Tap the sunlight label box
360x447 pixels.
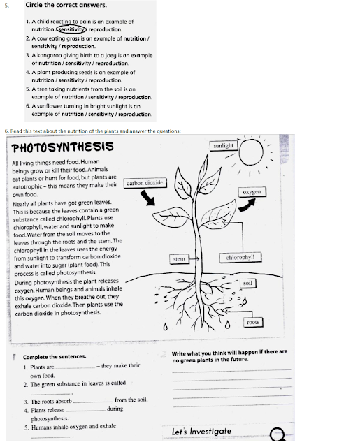(x=224, y=145)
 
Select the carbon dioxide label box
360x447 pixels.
(x=144, y=183)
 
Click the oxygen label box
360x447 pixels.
(x=251, y=191)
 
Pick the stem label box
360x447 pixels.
(x=180, y=259)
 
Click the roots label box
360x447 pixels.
(x=252, y=322)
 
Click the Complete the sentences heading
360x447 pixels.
(x=55, y=356)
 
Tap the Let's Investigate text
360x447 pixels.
(x=201, y=431)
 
